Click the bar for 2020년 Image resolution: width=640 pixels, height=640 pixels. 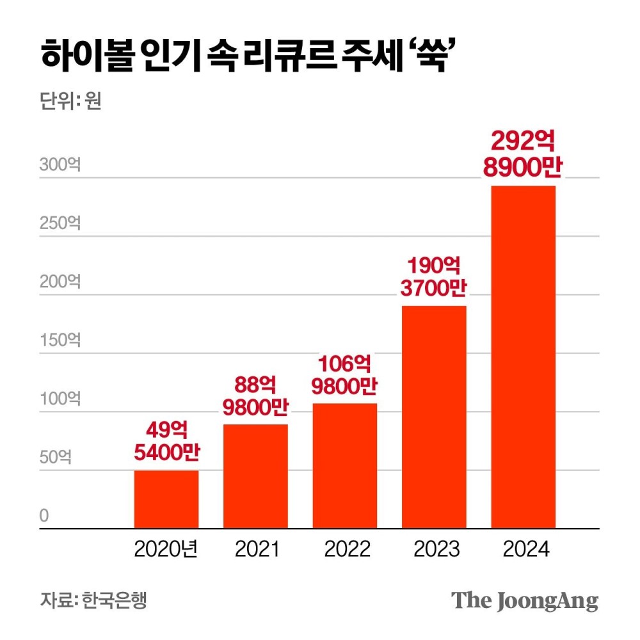(166, 500)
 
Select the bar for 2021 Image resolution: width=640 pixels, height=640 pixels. (255, 477)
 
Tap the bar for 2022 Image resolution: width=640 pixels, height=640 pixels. (344, 466)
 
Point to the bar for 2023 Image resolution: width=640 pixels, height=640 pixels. (434, 417)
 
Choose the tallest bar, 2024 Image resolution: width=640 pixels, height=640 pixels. (523, 357)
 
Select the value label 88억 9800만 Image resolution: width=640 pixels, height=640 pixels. (256, 396)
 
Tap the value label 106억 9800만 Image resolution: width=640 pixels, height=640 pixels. (345, 375)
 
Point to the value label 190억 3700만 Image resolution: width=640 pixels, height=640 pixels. (435, 277)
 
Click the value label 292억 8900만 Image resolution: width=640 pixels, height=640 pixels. (523, 156)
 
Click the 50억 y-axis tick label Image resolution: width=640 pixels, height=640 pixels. (57, 458)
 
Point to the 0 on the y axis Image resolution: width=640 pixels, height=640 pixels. (44, 516)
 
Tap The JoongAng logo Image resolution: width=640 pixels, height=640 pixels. (525, 600)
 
